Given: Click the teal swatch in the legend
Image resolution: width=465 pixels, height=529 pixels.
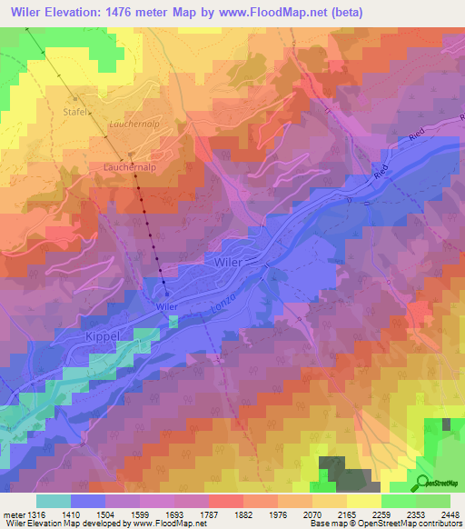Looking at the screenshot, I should click(x=54, y=501).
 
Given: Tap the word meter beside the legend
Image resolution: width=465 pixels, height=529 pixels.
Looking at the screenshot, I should click(x=15, y=514).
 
